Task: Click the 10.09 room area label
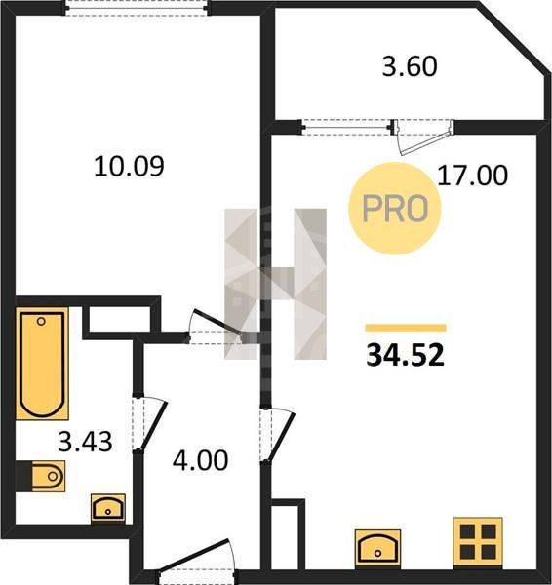[129, 167]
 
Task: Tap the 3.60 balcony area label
[410, 66]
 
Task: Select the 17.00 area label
[472, 175]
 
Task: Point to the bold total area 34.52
[406, 355]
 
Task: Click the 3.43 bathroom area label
[85, 442]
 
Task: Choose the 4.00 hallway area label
[201, 460]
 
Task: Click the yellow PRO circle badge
[395, 209]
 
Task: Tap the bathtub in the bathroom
[42, 364]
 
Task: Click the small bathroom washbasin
[108, 508]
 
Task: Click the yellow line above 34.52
[406, 329]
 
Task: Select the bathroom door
[149, 423]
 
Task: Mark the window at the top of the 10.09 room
[137, 8]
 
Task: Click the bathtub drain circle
[41, 321]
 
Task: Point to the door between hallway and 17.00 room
[278, 435]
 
